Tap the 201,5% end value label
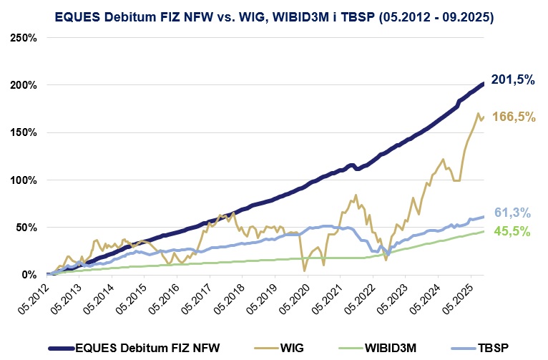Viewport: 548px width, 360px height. pyautogui.click(x=513, y=80)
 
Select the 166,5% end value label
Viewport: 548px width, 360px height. pyautogui.click(x=513, y=117)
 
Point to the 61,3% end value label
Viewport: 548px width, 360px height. pyautogui.click(x=513, y=212)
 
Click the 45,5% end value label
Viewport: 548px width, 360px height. pyautogui.click(x=513, y=231)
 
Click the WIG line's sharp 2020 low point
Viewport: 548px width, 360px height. pyautogui.click(x=305, y=271)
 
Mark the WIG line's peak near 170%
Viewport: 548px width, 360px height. pyautogui.click(x=478, y=113)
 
